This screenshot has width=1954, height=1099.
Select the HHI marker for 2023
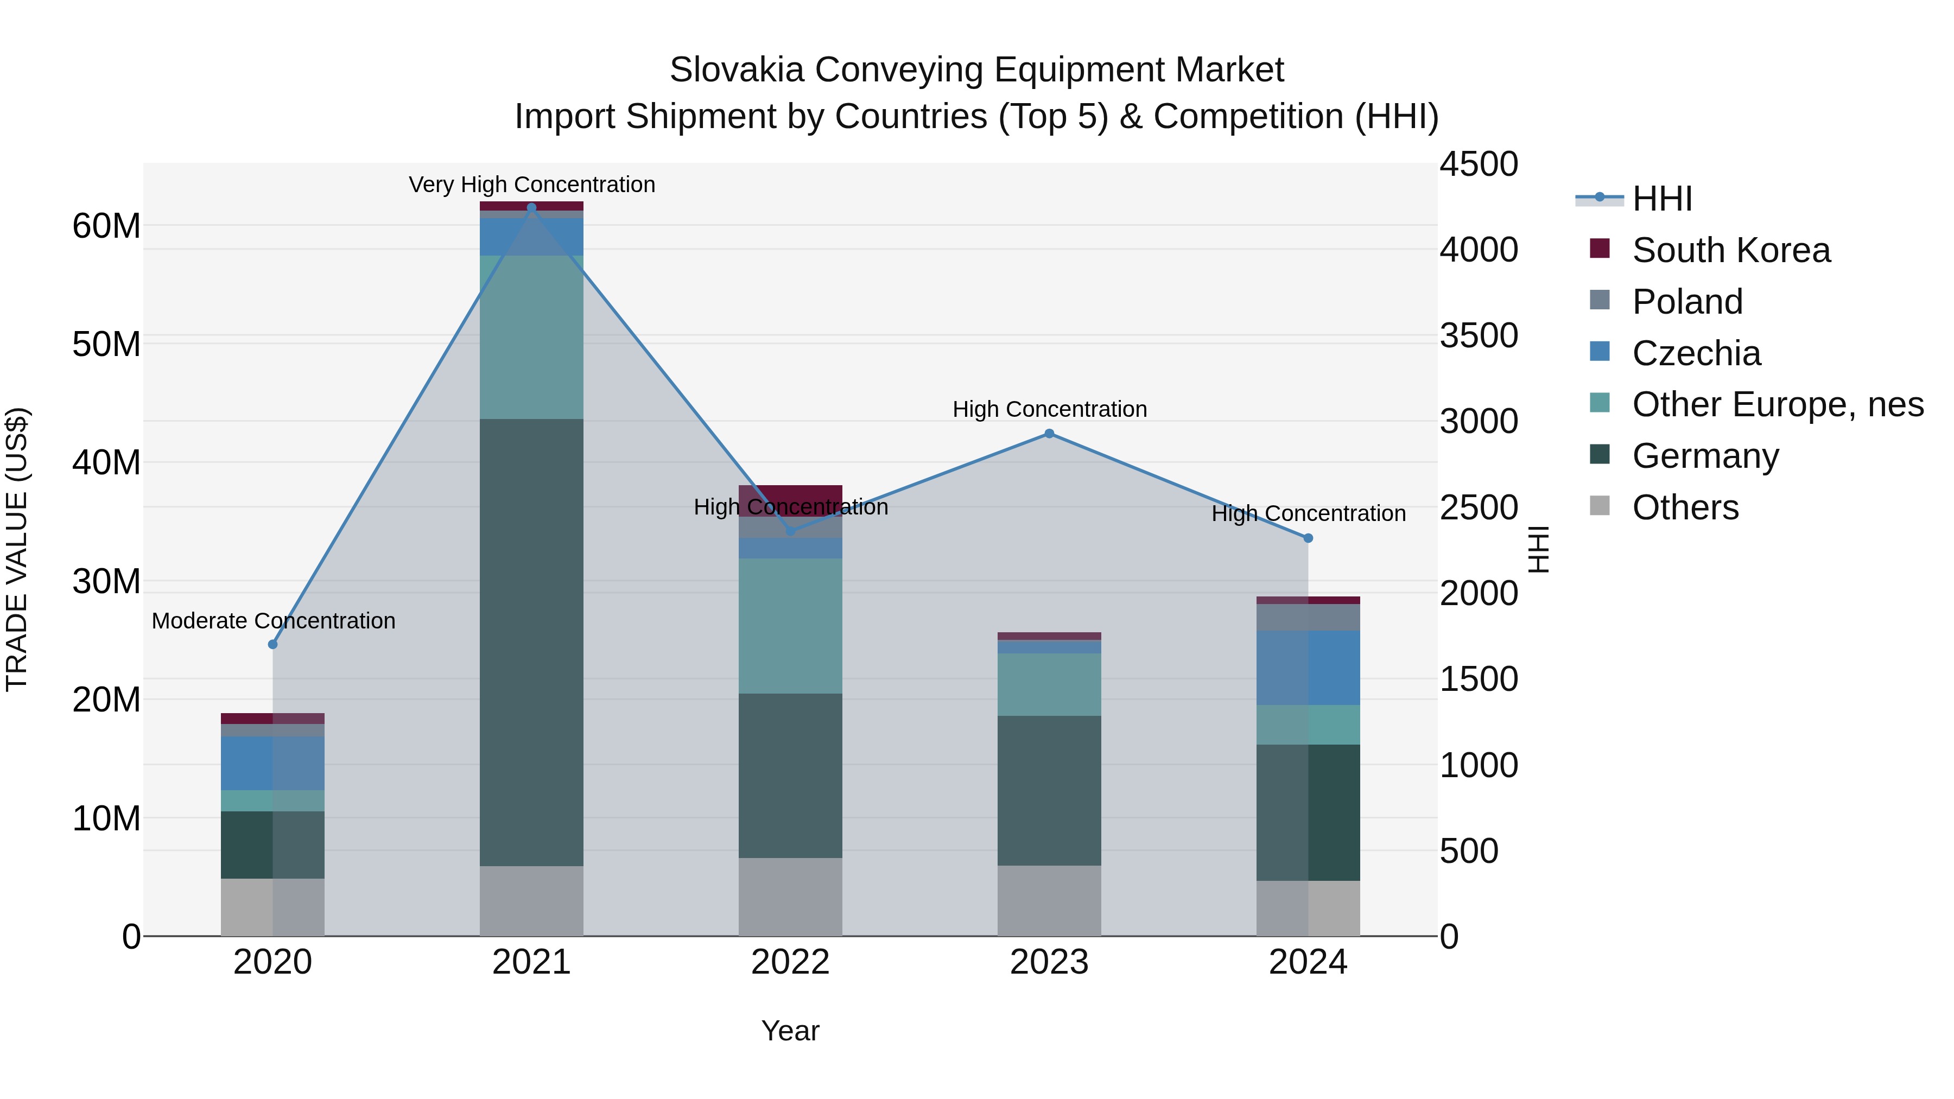[1049, 434]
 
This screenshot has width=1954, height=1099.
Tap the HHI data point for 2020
[273, 645]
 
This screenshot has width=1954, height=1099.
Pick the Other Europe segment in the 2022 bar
[790, 626]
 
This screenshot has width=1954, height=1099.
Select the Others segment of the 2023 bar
[1049, 900]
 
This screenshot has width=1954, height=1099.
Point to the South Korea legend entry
[1730, 250]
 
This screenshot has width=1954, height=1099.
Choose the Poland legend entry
[1687, 302]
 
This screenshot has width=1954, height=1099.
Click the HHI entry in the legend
[1661, 199]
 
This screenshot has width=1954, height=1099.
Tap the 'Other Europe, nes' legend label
[1777, 404]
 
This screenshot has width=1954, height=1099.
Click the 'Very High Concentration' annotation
[532, 185]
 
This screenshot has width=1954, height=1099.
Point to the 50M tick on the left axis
[106, 344]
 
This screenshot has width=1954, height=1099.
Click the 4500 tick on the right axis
[1479, 164]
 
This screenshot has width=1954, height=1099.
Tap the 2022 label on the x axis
[790, 962]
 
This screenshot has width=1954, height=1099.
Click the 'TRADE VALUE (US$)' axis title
[17, 549]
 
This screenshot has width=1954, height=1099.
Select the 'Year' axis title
[790, 1031]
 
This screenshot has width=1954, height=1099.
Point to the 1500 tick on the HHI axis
[1479, 679]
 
